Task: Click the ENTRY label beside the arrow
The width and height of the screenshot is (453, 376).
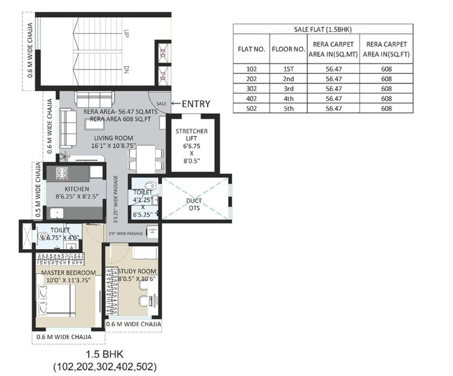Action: (196, 104)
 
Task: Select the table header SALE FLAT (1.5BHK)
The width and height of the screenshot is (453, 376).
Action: (322, 29)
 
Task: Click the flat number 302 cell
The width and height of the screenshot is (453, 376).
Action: (251, 88)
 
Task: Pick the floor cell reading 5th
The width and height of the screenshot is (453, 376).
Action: (289, 108)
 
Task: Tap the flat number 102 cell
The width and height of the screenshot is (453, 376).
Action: (251, 69)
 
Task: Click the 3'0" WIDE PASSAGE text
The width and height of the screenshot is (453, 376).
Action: (125, 234)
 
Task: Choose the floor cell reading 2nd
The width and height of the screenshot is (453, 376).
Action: (289, 79)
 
